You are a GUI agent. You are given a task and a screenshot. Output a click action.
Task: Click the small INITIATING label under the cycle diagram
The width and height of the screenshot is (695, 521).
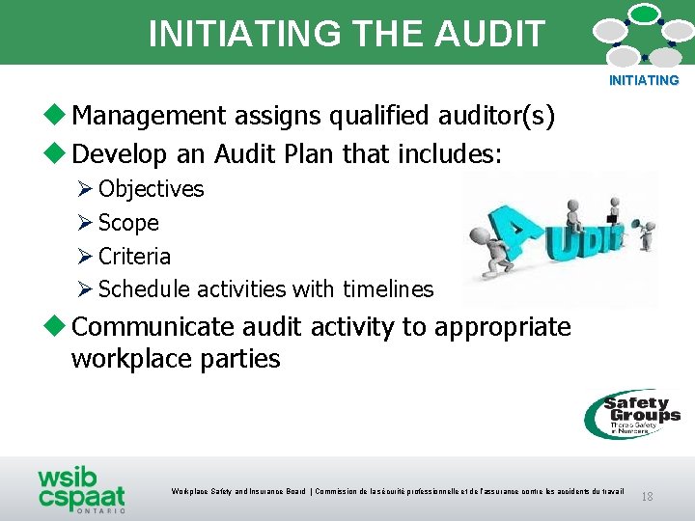[x=644, y=81]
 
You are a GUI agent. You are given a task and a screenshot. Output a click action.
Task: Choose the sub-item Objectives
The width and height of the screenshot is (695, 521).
[x=151, y=189]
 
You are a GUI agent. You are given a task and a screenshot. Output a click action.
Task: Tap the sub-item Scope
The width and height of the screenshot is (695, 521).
[x=128, y=223]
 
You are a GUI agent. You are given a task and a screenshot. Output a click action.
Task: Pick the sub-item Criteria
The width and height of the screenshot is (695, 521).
[x=134, y=257]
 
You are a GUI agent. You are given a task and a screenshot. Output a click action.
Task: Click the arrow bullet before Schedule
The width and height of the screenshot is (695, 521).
[x=84, y=289]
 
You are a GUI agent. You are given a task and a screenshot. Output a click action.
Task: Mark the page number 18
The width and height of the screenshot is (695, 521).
[x=647, y=496]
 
